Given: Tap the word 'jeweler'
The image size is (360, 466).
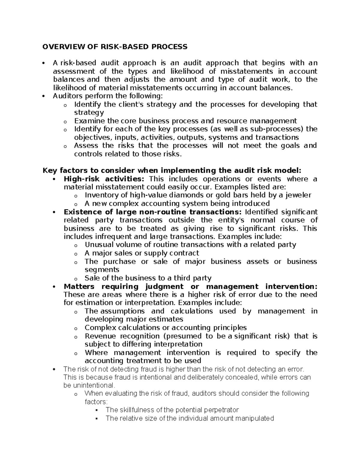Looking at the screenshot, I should pyautogui.click(x=299, y=195).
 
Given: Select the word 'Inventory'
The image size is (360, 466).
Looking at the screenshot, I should pyautogui.click(x=100, y=195).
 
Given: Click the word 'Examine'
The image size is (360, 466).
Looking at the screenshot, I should pyautogui.click(x=89, y=121).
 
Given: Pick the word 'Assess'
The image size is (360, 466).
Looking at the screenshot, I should pyautogui.click(x=86, y=146).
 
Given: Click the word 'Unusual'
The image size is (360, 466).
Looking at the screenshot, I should pyautogui.click(x=98, y=245).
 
